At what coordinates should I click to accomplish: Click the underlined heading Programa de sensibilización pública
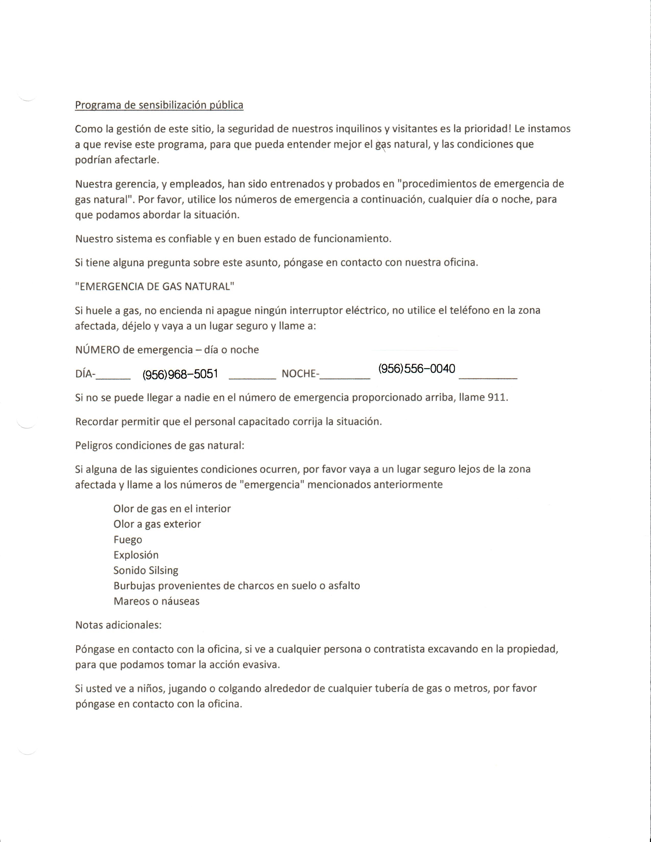[159, 105]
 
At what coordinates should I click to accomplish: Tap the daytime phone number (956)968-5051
[180, 374]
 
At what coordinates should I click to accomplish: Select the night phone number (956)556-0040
[417, 369]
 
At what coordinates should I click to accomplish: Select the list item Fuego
[128, 540]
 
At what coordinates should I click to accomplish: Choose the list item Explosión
[136, 555]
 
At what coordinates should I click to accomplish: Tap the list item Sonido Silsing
[146, 571]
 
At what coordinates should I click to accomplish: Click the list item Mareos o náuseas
[156, 601]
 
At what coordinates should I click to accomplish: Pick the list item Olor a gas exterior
[157, 524]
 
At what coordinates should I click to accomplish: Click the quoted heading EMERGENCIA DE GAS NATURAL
[155, 287]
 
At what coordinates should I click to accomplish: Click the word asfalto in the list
[344, 586]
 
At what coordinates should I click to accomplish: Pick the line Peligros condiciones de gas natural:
[160, 446]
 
